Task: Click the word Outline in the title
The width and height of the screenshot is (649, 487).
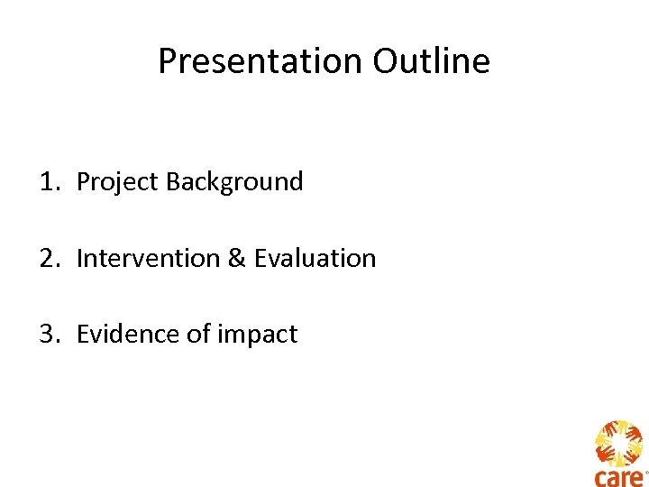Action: (432, 61)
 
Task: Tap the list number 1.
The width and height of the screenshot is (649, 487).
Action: (47, 182)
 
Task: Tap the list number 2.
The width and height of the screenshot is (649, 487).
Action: (47, 259)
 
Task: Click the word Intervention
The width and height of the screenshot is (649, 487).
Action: (148, 259)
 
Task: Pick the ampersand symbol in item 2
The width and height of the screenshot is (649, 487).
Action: (236, 259)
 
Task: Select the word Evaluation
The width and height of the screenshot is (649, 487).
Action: (315, 259)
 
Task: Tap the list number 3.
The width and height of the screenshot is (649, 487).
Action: (47, 335)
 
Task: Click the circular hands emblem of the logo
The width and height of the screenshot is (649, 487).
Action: (618, 443)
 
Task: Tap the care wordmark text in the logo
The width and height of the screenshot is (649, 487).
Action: (618, 477)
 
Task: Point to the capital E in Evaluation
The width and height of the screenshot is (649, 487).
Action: (260, 259)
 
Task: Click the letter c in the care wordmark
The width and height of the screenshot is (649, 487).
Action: (600, 478)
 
